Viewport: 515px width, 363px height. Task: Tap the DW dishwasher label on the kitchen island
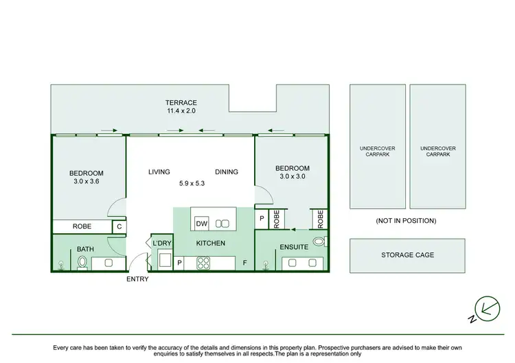[201, 224]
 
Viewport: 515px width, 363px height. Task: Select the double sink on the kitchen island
[222, 224]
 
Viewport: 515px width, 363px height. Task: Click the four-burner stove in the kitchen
[204, 261]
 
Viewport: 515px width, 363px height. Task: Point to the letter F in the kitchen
[244, 261]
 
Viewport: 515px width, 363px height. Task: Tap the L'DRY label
[161, 244]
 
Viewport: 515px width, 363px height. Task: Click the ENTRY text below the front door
[137, 279]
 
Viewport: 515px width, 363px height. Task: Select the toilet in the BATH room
[82, 261]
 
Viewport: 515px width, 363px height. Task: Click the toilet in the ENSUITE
[318, 242]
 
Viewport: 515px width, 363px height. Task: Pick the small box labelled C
[119, 226]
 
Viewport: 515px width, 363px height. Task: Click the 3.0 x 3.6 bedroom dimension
[86, 183]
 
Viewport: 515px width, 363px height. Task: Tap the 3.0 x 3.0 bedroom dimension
[292, 178]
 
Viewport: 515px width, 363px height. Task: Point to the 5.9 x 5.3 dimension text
[192, 183]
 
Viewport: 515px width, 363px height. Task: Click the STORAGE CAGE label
[407, 255]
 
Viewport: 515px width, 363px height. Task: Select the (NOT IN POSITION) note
[407, 220]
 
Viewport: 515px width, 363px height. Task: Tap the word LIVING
[159, 172]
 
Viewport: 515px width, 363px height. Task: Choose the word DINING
[226, 172]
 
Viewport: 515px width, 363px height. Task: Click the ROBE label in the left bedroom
[82, 226]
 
